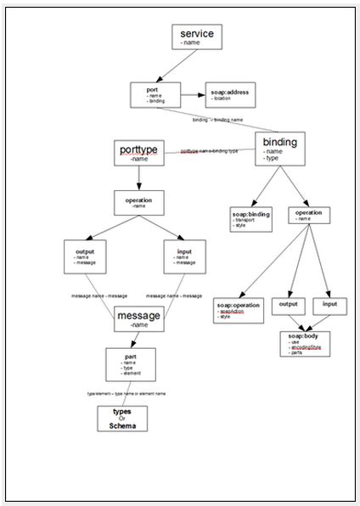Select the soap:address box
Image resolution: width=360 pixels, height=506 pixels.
pyautogui.click(x=229, y=94)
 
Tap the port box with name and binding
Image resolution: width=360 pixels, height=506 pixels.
pyautogui.click(x=155, y=94)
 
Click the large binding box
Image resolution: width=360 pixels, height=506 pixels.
pyautogui.click(x=279, y=147)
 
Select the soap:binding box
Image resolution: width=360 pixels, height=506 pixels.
pyautogui.click(x=250, y=219)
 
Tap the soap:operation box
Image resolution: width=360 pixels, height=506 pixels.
pyautogui.click(x=239, y=309)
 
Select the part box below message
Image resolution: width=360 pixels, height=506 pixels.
pyautogui.click(x=130, y=363)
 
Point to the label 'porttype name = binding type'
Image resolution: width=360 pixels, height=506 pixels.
pyautogui.click(x=209, y=151)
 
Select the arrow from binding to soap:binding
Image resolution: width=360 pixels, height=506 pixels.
pyautogui.click(x=263, y=185)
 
